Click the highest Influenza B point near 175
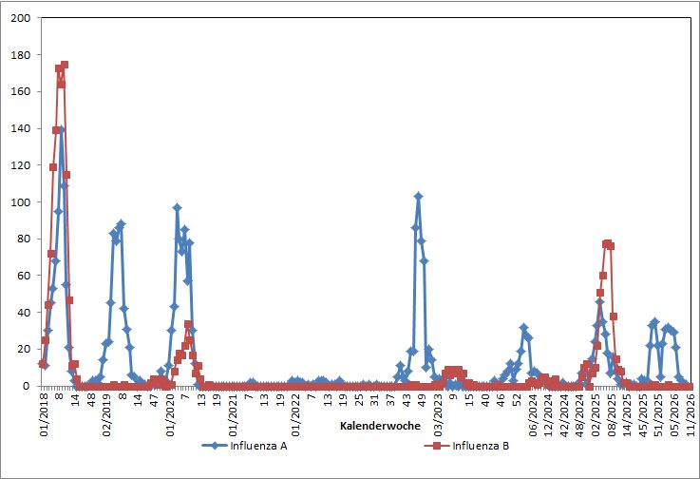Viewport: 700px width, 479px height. [x=64, y=65]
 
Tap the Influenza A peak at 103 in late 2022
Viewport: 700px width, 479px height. [x=418, y=196]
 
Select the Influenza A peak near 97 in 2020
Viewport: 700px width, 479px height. [x=177, y=207]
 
